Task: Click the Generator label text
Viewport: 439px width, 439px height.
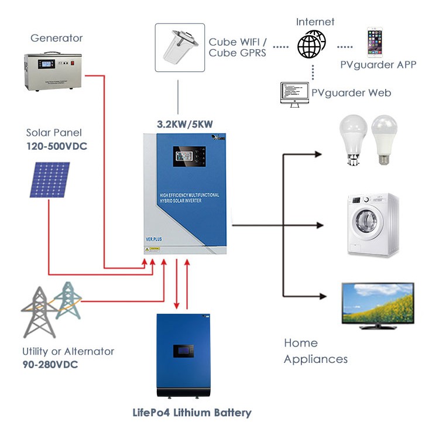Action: [56, 38]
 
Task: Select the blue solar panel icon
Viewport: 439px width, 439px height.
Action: [49, 179]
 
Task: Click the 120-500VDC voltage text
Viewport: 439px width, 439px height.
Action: [56, 146]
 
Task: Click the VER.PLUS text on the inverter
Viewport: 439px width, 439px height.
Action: [155, 239]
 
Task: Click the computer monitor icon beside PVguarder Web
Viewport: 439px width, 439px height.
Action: [293, 94]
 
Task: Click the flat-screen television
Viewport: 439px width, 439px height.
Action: [378, 304]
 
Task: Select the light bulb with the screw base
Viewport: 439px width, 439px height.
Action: [384, 139]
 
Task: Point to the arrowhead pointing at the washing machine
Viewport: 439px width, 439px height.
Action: [319, 225]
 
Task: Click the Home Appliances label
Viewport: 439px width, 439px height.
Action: [315, 351]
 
